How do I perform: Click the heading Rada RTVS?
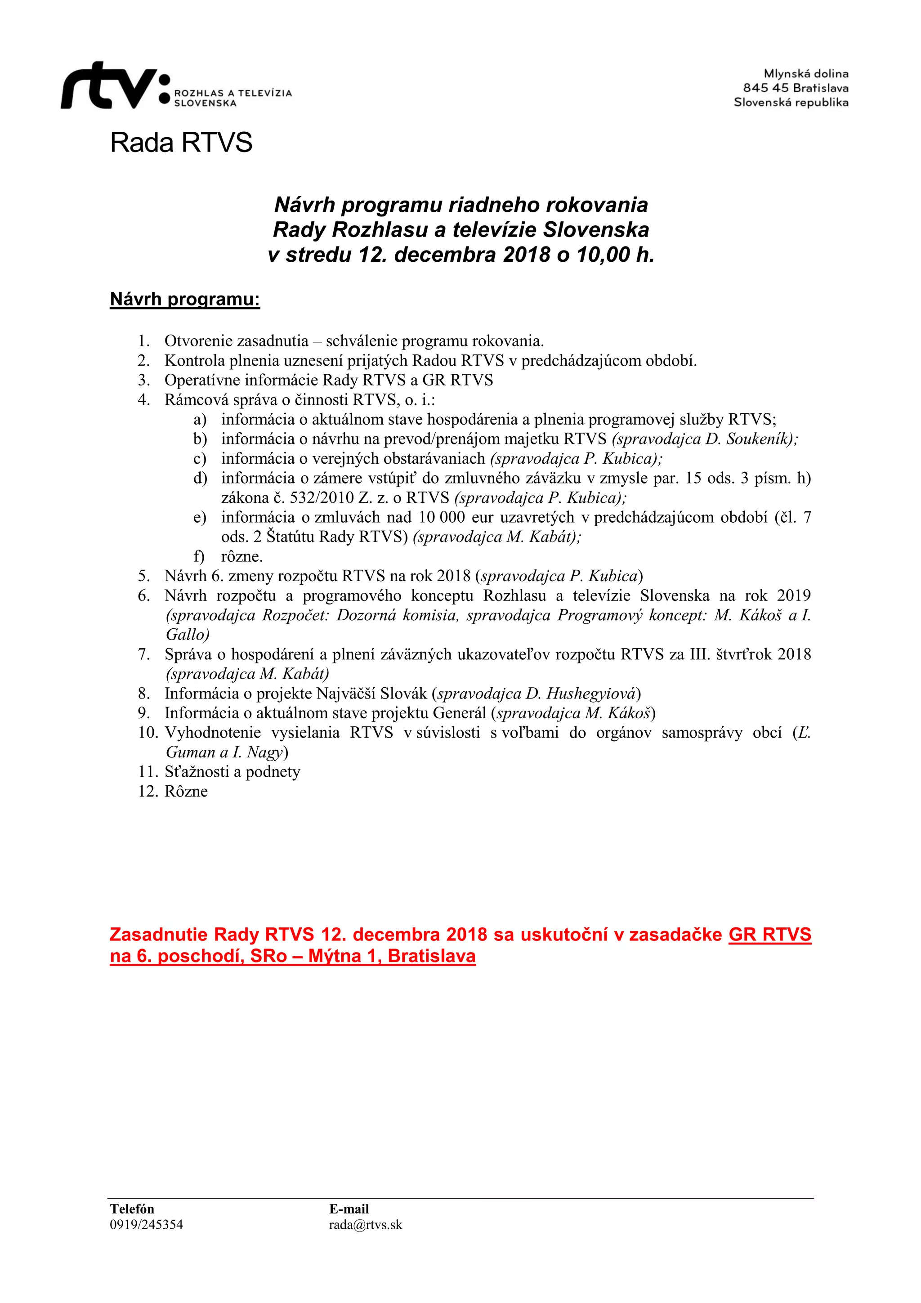181,143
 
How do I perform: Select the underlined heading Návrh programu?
185,299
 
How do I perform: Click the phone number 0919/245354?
147,1225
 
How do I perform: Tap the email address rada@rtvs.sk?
366,1225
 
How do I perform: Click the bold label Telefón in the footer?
132,1209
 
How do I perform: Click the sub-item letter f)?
199,556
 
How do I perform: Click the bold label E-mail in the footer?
349,1209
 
